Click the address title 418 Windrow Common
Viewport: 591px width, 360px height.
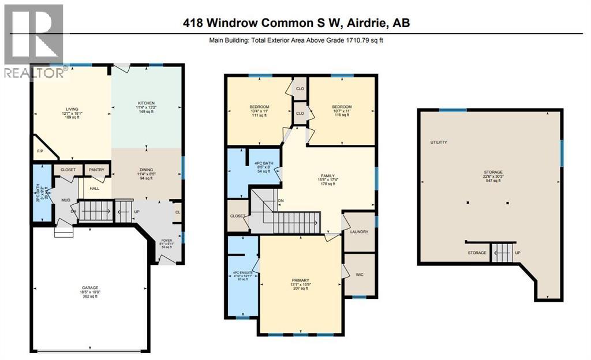coord(295,22)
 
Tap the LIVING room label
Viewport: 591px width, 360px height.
coord(72,109)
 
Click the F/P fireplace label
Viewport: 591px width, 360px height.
coord(40,151)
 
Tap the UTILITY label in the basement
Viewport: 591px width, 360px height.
coord(439,142)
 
